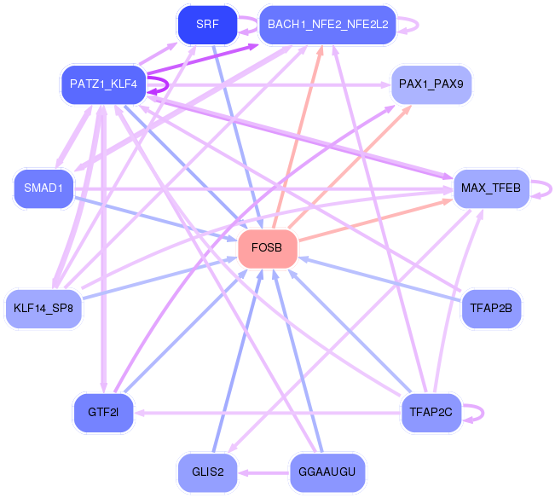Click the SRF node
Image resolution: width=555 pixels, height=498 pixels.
(207, 25)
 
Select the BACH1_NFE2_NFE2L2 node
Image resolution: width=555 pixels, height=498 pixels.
(327, 25)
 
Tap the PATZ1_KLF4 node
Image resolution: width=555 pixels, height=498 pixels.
(103, 84)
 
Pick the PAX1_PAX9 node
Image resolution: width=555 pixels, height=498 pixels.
(431, 84)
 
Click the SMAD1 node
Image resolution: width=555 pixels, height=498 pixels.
(43, 188)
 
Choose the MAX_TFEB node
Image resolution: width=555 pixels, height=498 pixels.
(491, 188)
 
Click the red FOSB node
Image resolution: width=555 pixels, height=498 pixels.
(267, 248)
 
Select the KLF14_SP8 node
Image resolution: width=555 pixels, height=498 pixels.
(43, 309)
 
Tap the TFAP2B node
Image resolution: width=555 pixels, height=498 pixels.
(491, 309)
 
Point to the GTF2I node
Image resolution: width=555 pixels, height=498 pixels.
(103, 413)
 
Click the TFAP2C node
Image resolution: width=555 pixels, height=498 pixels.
(431, 413)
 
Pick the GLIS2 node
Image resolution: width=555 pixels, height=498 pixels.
(207, 472)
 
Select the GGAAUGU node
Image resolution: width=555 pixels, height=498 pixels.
(327, 472)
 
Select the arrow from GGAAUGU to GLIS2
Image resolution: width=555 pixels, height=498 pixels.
(263, 472)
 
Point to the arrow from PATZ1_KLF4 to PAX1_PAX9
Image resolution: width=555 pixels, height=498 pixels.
(269, 85)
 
